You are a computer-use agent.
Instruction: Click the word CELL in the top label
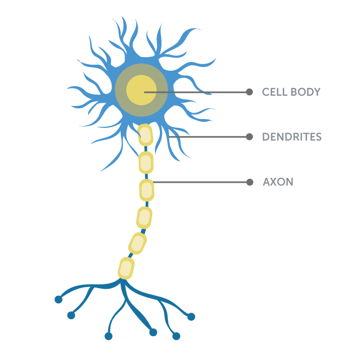pos(275,92)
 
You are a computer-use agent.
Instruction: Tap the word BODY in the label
pos(306,92)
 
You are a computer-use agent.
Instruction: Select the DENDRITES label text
pos(292,137)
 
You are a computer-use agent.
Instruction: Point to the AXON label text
pos(278,182)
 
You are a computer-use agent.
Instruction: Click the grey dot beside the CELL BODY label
pos(250,92)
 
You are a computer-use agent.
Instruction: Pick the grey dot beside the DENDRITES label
pos(250,137)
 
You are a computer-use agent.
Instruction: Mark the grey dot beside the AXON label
pos(250,182)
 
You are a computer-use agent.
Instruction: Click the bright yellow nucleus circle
pos(141,90)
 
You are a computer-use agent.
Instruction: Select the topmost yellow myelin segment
pos(145,135)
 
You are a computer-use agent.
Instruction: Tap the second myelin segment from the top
pos(146,163)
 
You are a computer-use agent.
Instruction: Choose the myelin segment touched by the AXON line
pos(147,190)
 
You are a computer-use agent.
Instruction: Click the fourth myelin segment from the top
pos(144,218)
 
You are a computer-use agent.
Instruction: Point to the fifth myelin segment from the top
pos(138,244)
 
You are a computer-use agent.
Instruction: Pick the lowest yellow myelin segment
pos(126,268)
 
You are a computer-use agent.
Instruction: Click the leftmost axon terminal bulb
pos(59,300)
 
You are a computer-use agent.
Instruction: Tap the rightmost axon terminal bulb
pos(191,317)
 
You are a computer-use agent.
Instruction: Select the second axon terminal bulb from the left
pos(71,315)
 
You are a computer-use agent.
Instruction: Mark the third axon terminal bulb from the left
pos(109,337)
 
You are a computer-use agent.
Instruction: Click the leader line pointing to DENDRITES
pos(209,137)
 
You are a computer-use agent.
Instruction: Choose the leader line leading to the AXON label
pos(201,182)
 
